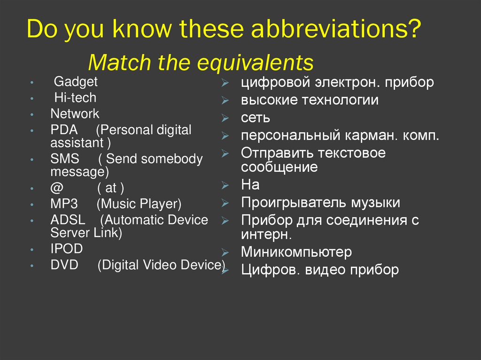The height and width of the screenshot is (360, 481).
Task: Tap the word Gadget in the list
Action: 76,82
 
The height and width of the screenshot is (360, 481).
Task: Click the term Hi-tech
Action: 75,98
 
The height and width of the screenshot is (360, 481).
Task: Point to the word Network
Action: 75,114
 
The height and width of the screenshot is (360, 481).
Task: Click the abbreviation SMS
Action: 65,159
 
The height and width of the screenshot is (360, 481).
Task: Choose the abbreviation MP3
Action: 64,204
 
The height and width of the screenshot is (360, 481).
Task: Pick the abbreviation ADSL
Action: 67,220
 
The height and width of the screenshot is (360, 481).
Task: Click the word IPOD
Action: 66,249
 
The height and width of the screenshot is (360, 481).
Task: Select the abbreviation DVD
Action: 64,265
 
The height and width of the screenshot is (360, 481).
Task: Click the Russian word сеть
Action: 256,118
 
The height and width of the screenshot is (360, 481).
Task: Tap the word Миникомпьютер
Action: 296,252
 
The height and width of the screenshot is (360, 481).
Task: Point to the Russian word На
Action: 250,185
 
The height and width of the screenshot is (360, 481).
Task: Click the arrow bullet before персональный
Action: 225,137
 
